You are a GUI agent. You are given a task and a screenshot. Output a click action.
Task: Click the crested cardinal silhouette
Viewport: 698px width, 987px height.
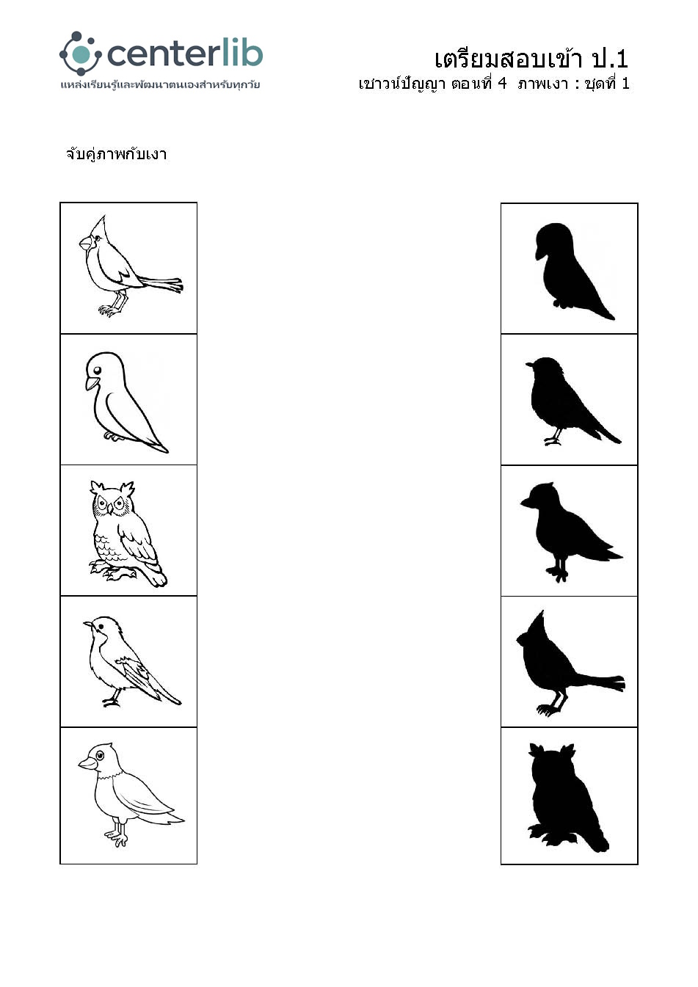tap(568, 666)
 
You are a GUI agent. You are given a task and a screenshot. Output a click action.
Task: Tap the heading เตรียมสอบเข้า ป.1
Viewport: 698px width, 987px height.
tap(531, 59)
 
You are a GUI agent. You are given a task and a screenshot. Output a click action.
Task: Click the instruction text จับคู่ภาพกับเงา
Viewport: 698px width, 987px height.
tap(116, 154)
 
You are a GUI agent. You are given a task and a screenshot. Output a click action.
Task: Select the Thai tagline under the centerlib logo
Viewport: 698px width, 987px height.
tap(160, 84)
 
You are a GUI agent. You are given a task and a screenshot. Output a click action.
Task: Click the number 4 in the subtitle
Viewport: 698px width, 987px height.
tap(502, 83)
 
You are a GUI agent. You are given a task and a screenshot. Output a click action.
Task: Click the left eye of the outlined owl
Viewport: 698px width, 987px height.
tap(103, 503)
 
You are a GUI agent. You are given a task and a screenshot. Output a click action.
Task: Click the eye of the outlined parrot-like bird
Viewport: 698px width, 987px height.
tap(97, 370)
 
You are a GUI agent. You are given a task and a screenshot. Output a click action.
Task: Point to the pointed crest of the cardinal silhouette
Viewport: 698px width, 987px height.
tap(539, 622)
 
